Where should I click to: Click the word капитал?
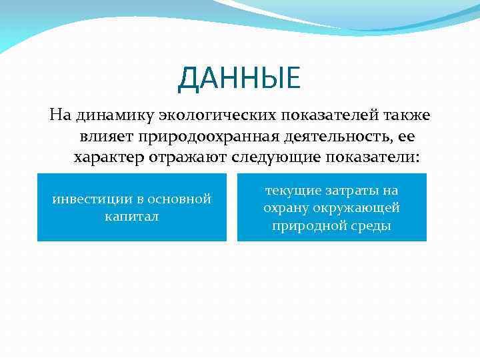click(x=131, y=217)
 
